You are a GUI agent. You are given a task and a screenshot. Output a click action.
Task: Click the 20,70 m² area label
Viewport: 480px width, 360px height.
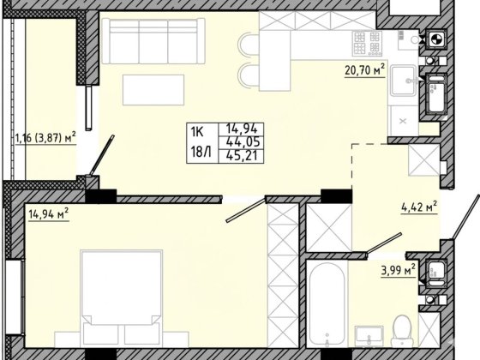(x=364, y=70)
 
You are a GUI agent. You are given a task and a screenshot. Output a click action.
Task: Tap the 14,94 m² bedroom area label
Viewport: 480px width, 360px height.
(x=48, y=214)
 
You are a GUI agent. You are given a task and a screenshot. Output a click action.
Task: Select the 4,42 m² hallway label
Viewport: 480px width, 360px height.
(x=419, y=207)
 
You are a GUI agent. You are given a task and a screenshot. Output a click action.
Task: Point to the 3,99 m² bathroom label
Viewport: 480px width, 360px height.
(x=399, y=271)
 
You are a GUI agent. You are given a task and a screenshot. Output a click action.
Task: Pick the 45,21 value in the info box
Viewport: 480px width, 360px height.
(x=241, y=156)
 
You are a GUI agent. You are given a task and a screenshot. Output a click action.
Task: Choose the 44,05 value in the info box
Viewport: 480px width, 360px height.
(x=241, y=141)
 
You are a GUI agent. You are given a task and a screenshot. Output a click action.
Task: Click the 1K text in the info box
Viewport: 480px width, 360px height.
(x=197, y=132)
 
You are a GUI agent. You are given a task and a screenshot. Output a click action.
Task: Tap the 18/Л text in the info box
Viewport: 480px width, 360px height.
(x=201, y=152)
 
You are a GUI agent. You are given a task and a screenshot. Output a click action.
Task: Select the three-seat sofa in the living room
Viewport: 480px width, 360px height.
(x=153, y=41)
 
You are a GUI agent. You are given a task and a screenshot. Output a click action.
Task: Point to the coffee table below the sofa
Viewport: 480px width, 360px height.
(x=153, y=90)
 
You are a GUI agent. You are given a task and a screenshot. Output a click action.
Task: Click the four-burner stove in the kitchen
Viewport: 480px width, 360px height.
(x=367, y=43)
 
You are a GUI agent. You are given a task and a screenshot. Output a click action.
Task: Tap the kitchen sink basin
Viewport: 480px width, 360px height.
(x=403, y=81)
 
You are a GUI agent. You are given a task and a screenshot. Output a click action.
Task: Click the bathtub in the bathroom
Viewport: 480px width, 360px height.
(x=327, y=303)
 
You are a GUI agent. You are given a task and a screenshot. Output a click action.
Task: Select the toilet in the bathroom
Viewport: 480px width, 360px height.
(x=402, y=331)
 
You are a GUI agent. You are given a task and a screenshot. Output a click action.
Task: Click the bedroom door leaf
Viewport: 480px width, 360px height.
(x=246, y=210)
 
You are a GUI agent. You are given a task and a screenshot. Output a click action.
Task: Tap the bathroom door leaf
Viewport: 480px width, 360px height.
(x=384, y=243)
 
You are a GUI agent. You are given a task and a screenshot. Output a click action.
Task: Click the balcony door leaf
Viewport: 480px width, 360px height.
(x=103, y=155)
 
